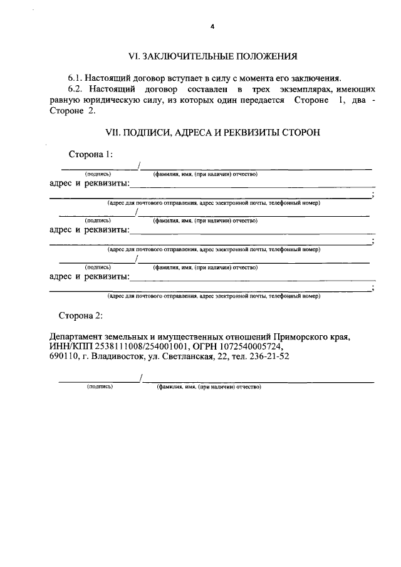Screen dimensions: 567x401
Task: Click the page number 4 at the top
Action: click(212, 27)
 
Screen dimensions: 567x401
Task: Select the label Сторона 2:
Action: click(81, 315)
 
